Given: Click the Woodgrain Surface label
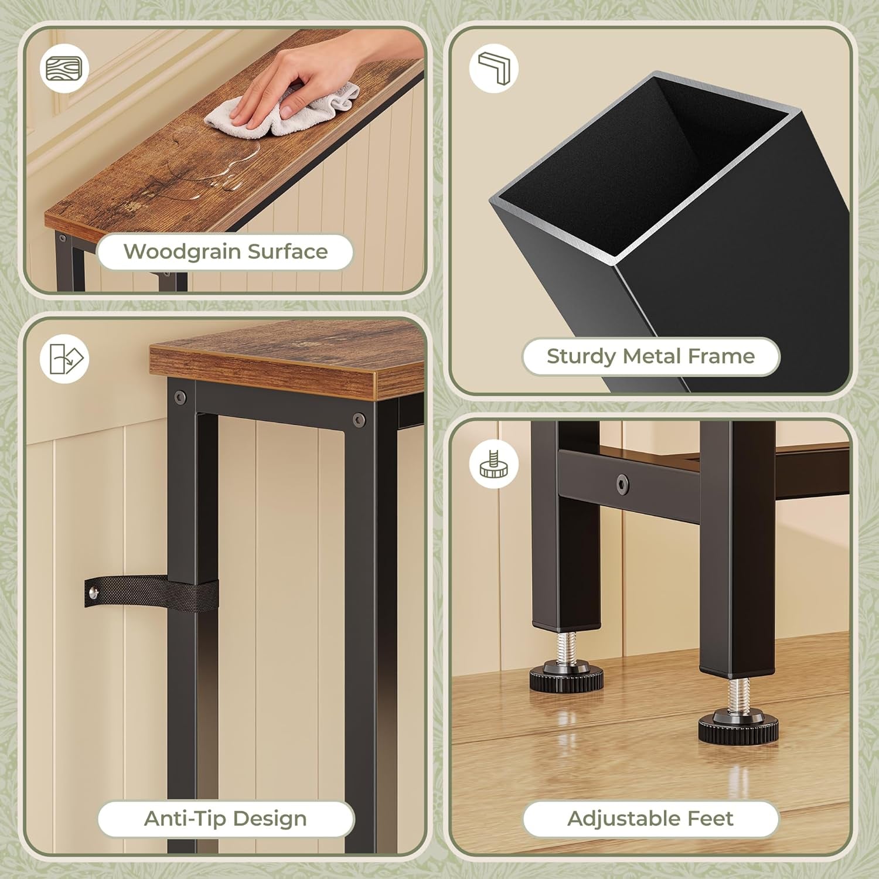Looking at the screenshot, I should (x=226, y=252).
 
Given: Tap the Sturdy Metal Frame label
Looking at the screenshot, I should (x=650, y=356).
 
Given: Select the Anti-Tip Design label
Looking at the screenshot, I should (x=226, y=819).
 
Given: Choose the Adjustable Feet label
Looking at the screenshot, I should (x=650, y=819).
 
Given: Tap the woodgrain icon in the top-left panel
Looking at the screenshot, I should (x=64, y=67).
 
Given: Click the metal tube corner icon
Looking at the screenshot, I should (x=494, y=67).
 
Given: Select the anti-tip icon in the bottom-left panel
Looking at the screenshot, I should (x=64, y=359).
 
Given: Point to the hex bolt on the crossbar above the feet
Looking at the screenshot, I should (x=622, y=483).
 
